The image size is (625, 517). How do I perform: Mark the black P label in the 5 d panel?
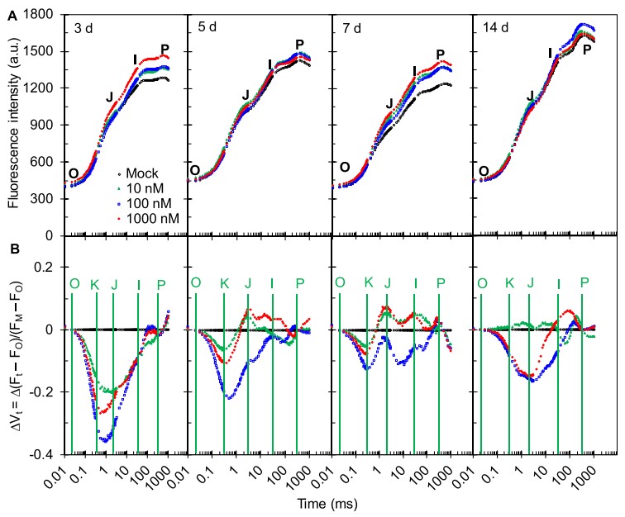point(299,45)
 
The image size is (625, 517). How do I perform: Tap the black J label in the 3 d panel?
point(109,97)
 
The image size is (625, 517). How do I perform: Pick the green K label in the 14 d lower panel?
point(510,283)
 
